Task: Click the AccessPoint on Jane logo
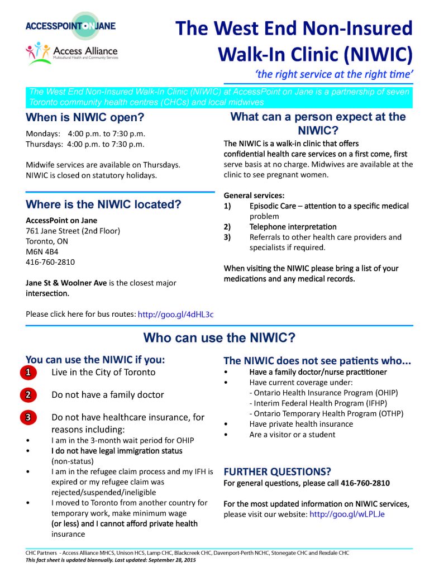coord(70,26)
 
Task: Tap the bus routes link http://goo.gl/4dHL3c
coord(175,314)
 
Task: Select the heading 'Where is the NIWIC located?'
coord(103,204)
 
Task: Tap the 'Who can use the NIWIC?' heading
coord(219,338)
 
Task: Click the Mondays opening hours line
coord(85,134)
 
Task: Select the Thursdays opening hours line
coord(85,144)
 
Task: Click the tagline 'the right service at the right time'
coord(333,74)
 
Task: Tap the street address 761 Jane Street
coord(73,231)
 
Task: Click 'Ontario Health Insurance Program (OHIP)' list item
coord(326,393)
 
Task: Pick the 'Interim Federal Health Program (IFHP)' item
coord(320,403)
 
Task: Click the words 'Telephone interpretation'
coord(293,227)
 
